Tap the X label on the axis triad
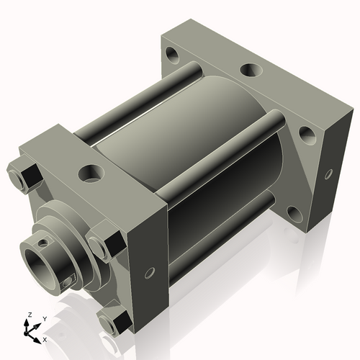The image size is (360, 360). pos(45,338)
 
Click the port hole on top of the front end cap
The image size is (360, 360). pos(92,173)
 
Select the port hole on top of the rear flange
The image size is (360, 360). pos(250,71)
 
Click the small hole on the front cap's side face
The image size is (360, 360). pos(150,273)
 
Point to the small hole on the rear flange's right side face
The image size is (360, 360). pos(328,174)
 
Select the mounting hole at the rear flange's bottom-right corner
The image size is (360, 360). pos(294,212)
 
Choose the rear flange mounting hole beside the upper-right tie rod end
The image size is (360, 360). pos(305,132)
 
